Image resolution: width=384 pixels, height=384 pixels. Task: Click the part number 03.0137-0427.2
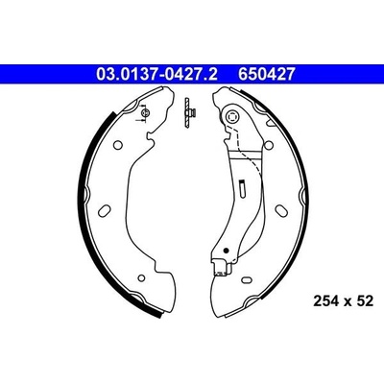click(x=156, y=74)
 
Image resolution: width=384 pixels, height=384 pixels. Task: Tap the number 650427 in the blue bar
click(x=266, y=74)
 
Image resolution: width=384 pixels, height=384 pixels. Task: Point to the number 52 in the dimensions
click(x=365, y=301)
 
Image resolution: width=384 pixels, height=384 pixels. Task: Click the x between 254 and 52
click(x=348, y=302)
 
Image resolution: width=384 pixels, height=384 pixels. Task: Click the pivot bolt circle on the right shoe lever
click(x=232, y=116)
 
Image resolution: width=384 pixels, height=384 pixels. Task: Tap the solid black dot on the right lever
click(x=226, y=250)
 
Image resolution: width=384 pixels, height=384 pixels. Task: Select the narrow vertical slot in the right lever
click(x=242, y=187)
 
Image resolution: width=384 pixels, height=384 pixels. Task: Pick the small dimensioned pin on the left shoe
click(x=145, y=112)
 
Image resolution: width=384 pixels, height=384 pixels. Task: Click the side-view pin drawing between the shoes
click(x=188, y=112)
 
